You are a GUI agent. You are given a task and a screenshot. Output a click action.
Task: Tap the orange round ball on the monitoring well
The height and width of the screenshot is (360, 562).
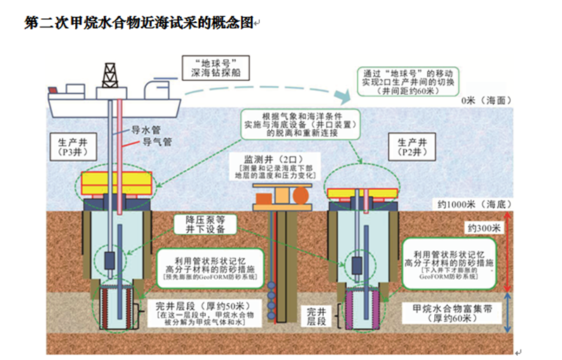tap(301, 194)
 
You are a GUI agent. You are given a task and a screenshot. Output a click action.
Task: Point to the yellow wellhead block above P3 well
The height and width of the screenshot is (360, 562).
tap(110, 182)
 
